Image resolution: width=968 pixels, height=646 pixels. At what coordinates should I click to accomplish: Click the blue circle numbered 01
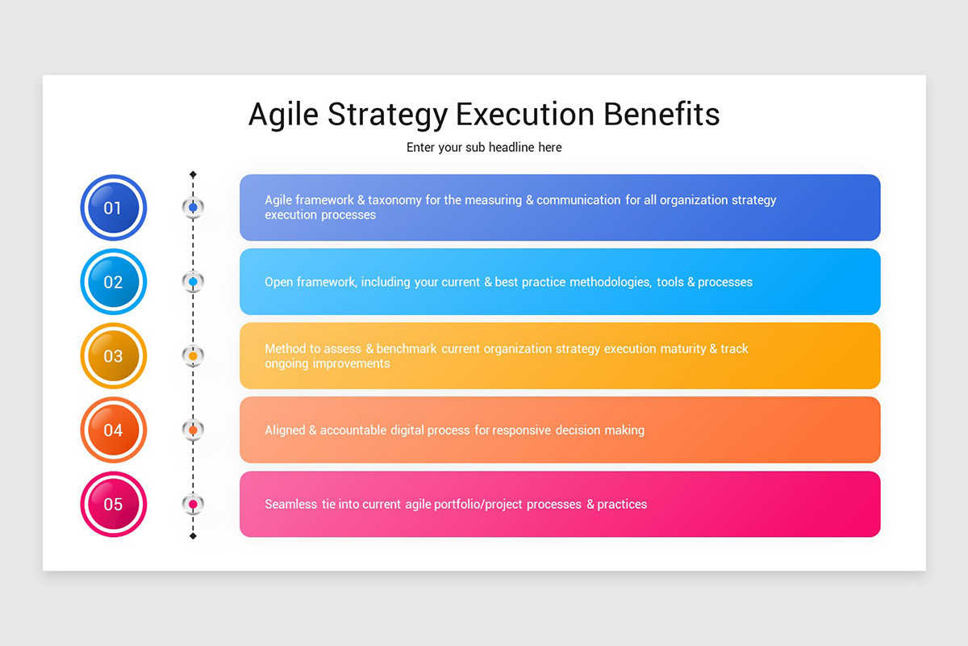[x=114, y=208]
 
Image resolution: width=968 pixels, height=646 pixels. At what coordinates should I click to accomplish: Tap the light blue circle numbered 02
[x=114, y=282]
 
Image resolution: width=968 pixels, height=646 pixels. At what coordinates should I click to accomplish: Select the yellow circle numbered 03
[x=114, y=355]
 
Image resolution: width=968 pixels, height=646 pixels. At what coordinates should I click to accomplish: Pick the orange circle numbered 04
[x=114, y=430]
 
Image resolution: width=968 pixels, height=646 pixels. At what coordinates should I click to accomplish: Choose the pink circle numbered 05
[x=114, y=504]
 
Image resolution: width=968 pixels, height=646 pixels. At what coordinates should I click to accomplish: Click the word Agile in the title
[x=283, y=115]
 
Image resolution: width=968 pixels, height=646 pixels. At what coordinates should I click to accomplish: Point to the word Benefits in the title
[x=661, y=115]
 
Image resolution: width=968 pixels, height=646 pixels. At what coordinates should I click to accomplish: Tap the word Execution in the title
[x=525, y=115]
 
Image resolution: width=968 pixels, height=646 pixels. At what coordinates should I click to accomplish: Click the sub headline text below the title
[x=484, y=148]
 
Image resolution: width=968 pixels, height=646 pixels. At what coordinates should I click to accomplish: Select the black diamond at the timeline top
[x=193, y=174]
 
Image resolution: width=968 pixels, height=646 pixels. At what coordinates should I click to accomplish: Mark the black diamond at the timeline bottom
[x=193, y=536]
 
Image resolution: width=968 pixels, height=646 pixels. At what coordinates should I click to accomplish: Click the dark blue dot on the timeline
[x=193, y=208]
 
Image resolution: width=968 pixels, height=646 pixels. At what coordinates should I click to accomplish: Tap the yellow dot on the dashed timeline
[x=193, y=355]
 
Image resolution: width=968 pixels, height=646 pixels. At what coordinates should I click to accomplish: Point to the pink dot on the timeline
[x=193, y=504]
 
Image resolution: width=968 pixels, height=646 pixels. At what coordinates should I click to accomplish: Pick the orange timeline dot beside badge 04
[x=193, y=430]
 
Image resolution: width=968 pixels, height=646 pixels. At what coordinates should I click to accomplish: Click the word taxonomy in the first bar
[x=394, y=200]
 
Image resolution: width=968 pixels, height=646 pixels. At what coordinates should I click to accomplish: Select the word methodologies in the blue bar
[x=611, y=282]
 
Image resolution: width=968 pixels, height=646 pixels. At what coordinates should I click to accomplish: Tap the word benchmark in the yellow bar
[x=407, y=349]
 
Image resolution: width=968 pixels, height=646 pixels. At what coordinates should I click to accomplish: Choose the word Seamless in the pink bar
[x=291, y=504]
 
